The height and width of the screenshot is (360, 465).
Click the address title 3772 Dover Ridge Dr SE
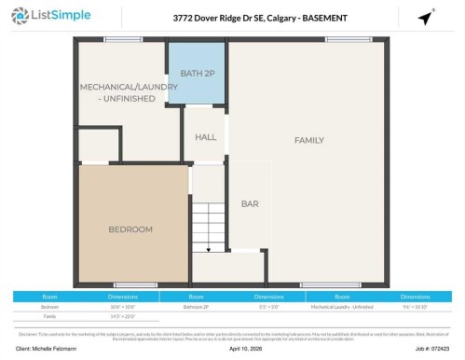click(x=232, y=18)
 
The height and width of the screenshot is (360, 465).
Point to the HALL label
click(x=205, y=137)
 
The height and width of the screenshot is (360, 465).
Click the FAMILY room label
click(x=308, y=141)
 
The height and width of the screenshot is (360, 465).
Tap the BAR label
click(x=250, y=203)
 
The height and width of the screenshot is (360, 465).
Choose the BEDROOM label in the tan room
click(x=130, y=228)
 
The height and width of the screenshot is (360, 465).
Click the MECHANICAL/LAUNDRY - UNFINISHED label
click(x=117, y=91)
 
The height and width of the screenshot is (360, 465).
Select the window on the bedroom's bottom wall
click(x=135, y=284)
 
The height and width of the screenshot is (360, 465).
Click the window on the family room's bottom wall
click(x=330, y=284)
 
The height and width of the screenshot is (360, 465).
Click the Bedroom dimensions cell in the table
click(x=122, y=306)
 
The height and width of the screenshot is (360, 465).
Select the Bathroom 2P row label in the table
click(x=196, y=306)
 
